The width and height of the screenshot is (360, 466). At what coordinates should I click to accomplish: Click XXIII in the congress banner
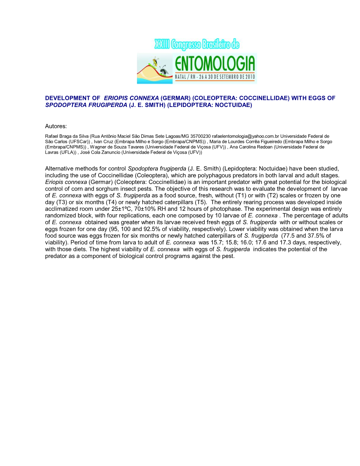click(162, 45)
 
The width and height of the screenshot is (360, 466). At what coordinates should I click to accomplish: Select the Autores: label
click(56, 126)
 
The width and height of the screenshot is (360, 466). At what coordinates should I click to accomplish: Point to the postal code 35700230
click(200, 136)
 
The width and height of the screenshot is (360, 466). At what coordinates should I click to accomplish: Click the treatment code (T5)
click(200, 202)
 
